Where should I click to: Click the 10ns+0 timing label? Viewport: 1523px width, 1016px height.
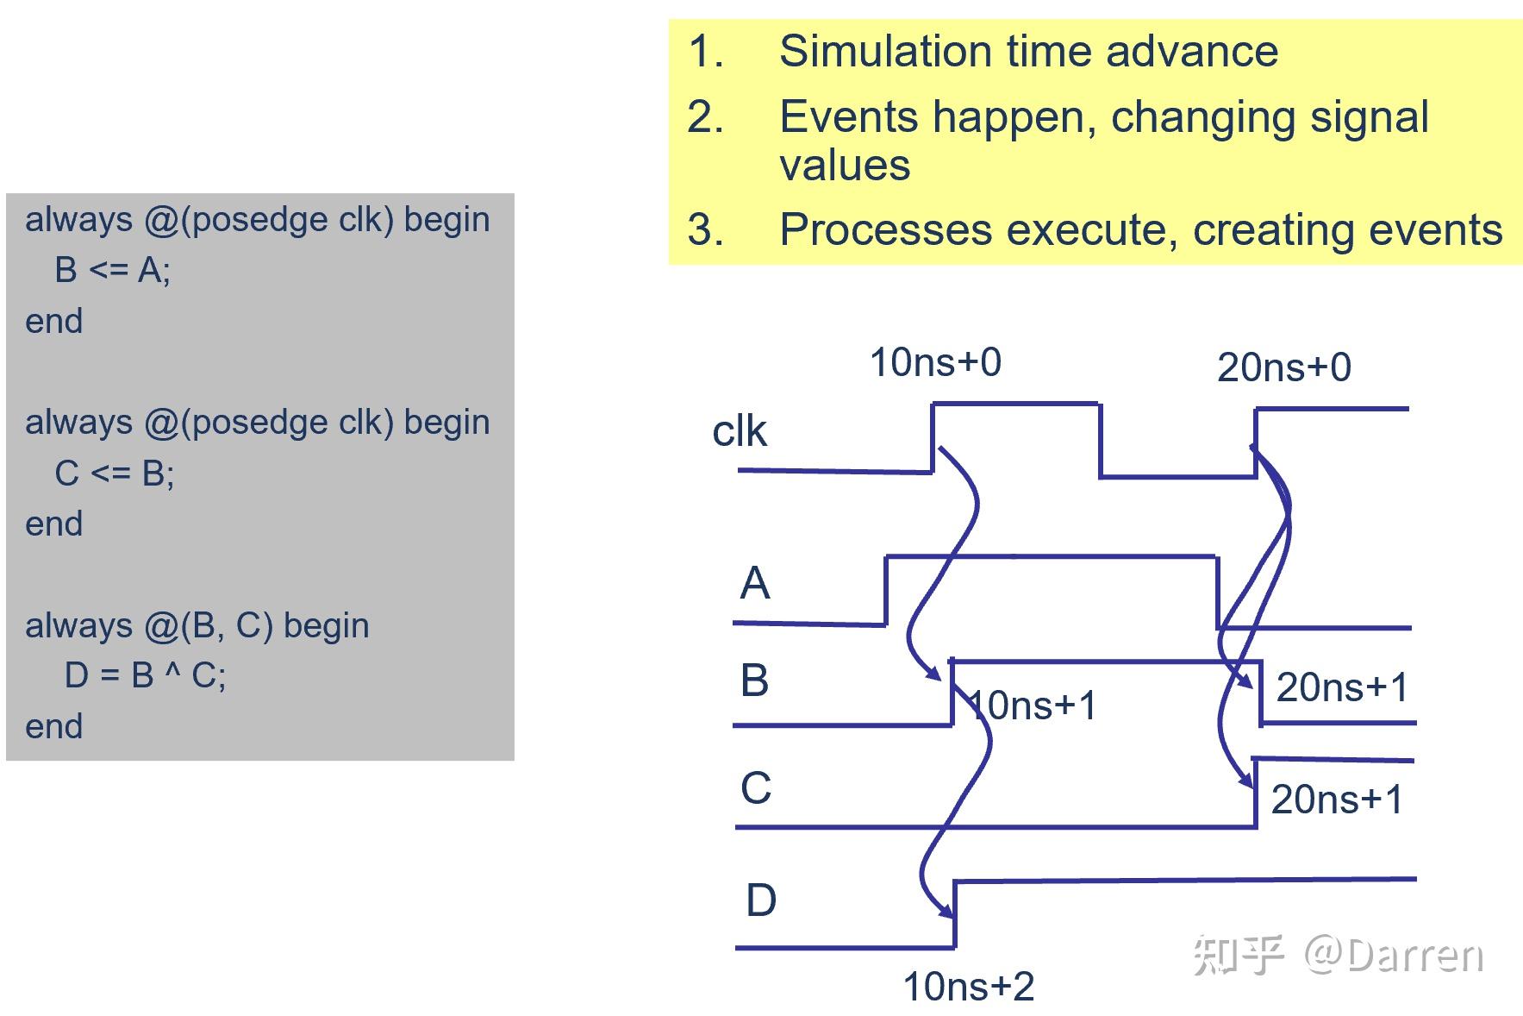[x=935, y=362]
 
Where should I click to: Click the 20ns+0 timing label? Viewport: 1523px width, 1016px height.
[x=1283, y=368]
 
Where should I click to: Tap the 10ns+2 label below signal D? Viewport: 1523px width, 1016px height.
[x=968, y=987]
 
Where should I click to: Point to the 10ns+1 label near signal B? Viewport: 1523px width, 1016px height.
[x=1033, y=706]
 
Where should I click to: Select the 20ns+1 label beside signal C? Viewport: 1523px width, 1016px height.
[x=1337, y=800]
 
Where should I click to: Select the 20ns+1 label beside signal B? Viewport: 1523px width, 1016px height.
[x=1342, y=687]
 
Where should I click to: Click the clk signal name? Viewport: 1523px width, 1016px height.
[x=739, y=431]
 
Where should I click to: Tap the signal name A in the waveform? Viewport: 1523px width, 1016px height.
[x=754, y=583]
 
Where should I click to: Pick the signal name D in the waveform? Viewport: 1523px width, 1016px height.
[x=760, y=900]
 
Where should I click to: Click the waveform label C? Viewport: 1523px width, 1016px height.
[x=756, y=788]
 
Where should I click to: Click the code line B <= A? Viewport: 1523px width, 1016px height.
[x=112, y=271]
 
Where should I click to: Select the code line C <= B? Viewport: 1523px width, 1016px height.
[x=114, y=474]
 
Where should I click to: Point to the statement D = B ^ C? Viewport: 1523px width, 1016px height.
[x=145, y=675]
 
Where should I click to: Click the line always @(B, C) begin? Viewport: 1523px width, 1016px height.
[x=197, y=625]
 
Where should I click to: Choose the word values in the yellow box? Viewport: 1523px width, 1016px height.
[x=845, y=165]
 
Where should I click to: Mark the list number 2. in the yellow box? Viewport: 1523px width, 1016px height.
[x=705, y=117]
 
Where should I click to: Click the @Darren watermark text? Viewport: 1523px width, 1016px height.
[x=1394, y=955]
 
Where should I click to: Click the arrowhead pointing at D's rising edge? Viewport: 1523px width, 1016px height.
[x=947, y=911]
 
